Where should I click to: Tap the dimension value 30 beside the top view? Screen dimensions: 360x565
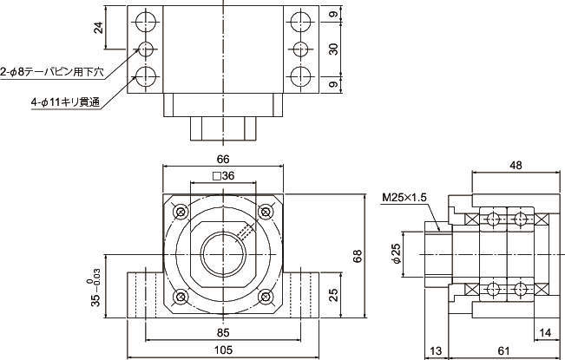[332, 49]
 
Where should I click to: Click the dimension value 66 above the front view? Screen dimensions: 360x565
[223, 160]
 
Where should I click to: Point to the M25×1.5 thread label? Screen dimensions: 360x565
[405, 198]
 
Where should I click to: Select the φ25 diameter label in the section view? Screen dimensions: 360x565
[395, 255]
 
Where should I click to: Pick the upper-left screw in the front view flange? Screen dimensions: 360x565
[181, 213]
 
